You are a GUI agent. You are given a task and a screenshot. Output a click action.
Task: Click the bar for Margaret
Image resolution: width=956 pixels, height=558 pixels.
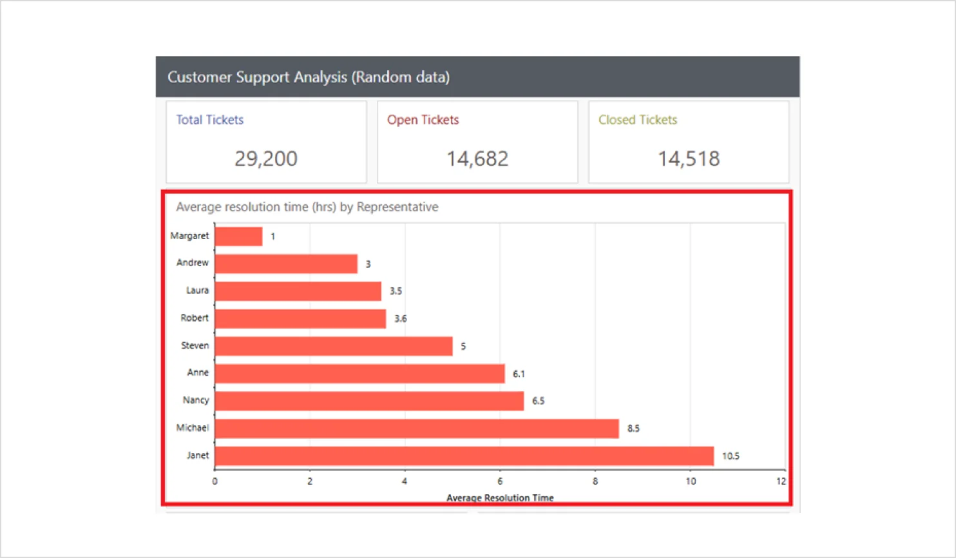(238, 236)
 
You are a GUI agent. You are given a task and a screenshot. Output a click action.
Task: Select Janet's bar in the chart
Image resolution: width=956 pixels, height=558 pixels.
(464, 456)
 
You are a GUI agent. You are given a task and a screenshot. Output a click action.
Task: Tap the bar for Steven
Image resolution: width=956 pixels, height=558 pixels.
(334, 346)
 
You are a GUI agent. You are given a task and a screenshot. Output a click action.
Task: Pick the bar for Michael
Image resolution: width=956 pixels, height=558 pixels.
(417, 428)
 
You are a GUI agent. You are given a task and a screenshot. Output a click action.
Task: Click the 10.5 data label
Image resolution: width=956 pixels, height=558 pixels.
(731, 456)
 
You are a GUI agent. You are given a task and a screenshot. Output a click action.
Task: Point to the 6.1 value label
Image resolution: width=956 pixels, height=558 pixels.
(519, 374)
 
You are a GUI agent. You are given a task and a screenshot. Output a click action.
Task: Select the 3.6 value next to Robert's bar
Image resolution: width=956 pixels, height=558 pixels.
(400, 319)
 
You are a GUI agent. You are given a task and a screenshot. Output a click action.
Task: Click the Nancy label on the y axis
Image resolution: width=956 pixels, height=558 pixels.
(196, 400)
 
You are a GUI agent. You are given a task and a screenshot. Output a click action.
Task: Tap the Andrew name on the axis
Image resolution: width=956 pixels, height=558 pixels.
(193, 263)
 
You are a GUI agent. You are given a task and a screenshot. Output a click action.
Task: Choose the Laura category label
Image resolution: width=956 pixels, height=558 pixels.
(197, 291)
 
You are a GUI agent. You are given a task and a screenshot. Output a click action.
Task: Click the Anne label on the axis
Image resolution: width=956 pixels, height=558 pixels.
(198, 372)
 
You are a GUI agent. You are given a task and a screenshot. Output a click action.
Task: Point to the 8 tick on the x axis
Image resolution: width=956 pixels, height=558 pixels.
(595, 481)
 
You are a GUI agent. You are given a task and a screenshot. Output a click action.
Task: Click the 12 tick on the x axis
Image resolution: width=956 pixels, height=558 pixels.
(781, 481)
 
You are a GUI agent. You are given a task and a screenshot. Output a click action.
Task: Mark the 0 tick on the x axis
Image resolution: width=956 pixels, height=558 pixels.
(215, 481)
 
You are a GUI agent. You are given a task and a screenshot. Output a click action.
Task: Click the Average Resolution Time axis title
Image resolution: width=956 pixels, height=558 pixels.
(500, 497)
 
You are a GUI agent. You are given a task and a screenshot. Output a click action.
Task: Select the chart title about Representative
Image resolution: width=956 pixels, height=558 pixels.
(307, 207)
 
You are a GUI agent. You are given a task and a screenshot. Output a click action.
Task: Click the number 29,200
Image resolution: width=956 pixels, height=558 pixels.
(266, 159)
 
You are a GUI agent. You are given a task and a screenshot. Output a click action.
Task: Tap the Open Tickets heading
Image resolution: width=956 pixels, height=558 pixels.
(423, 120)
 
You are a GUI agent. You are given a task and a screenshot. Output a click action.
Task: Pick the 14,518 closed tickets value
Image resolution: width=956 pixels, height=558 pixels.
(689, 159)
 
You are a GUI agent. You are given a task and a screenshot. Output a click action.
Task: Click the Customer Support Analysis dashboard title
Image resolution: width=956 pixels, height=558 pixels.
(309, 77)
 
